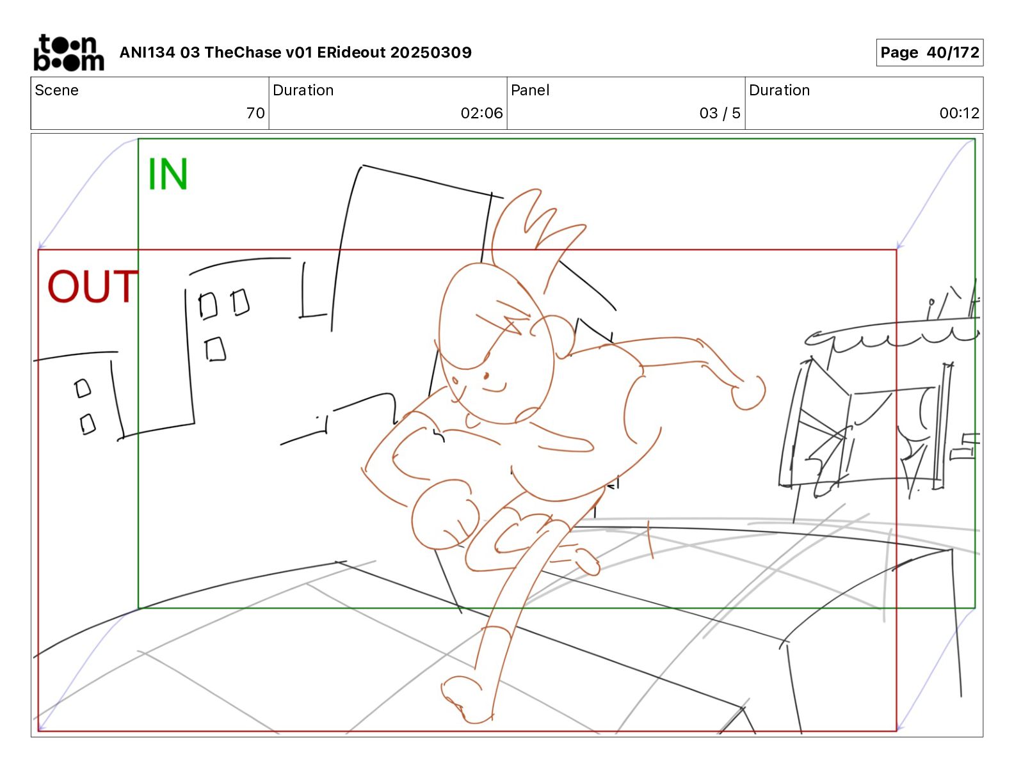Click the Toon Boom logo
(68, 52)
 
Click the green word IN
(168, 174)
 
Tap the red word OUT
(92, 286)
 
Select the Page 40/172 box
(929, 52)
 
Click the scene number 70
(255, 113)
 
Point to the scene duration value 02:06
(481, 113)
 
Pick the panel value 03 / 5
(720, 113)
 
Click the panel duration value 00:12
(959, 113)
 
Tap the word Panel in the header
(530, 90)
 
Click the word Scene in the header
(56, 90)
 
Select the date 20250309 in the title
(431, 52)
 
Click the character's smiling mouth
(494, 388)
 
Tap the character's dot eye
(486, 376)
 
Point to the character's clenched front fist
(444, 515)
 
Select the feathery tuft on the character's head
(536, 228)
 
